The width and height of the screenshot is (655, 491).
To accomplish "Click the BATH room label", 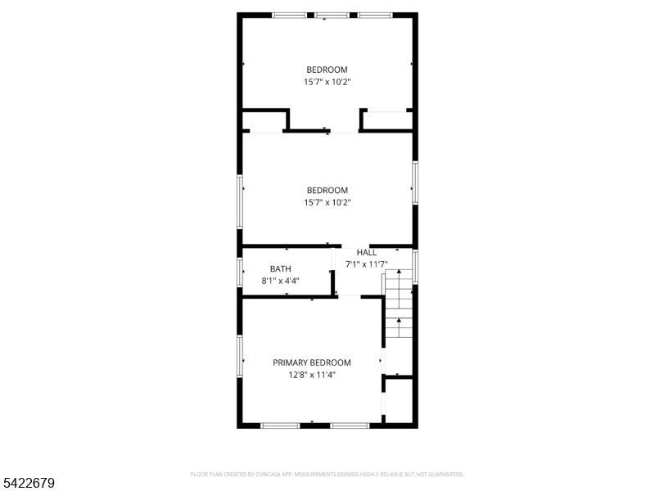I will [280, 268].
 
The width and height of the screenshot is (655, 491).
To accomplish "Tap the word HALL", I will [367, 252].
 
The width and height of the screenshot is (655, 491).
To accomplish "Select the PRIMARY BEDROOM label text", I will [312, 363].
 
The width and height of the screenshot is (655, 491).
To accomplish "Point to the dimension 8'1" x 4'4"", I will [279, 281].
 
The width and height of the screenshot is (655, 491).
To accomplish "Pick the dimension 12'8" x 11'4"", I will [312, 375].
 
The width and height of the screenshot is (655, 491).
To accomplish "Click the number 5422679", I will [29, 483].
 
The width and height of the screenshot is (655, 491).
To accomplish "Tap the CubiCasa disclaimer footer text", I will [327, 474].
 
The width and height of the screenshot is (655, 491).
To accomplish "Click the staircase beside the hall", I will [399, 303].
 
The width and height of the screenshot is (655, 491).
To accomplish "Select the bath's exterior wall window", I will [240, 271].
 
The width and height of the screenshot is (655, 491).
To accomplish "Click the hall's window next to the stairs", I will [415, 267].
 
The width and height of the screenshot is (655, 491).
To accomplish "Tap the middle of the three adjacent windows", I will [331, 15].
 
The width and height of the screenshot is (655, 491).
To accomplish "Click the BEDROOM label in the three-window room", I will [327, 70].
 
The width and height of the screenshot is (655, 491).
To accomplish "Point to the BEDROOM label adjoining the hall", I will [327, 191].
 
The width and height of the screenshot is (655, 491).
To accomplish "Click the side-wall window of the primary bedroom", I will [240, 361].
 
